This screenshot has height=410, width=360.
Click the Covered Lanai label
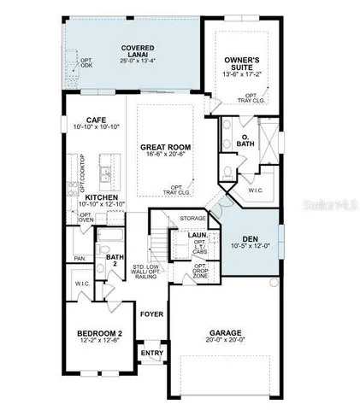tap(138, 51)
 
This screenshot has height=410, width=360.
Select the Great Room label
tap(165, 148)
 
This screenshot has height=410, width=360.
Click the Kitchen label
tap(101, 196)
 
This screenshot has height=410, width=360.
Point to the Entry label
tap(150, 353)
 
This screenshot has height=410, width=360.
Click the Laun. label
tap(199, 234)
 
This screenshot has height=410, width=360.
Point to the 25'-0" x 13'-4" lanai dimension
tap(138, 61)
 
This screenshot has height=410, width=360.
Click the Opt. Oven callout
tap(86, 218)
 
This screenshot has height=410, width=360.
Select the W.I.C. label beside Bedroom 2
tap(83, 282)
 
